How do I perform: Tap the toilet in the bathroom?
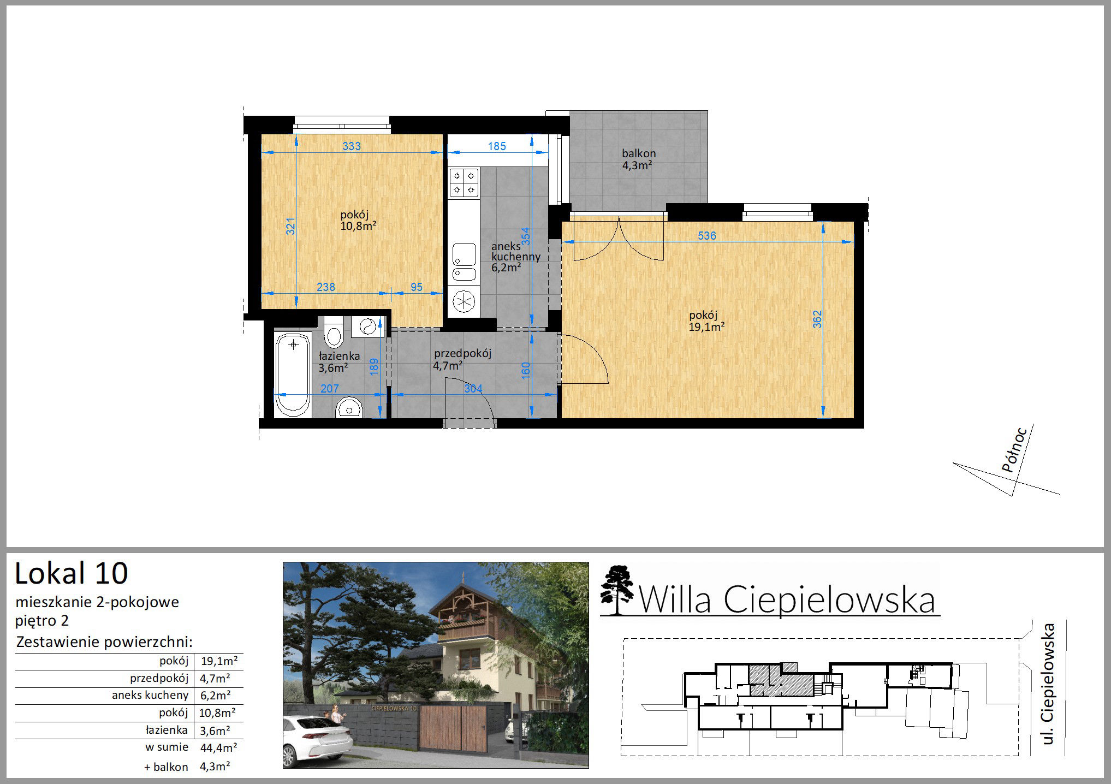coord(333,332)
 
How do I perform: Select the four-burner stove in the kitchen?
coord(464,182)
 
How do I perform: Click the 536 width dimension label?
coord(707,236)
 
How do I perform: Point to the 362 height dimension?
coord(817,320)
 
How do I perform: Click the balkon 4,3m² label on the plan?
coord(638,159)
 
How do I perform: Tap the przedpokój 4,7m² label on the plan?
coord(462,359)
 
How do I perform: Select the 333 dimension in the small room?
coord(351,146)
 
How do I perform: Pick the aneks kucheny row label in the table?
coord(150,695)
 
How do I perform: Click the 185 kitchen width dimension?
coord(497,146)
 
